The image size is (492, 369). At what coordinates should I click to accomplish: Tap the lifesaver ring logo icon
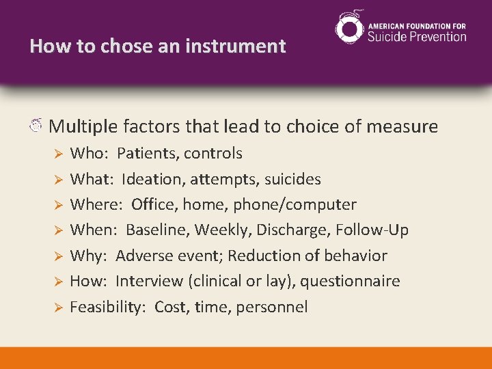point(350,28)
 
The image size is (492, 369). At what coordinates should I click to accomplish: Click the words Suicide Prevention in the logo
point(417,36)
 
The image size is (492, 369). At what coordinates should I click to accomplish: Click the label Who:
point(88,153)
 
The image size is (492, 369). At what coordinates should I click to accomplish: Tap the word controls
point(213,153)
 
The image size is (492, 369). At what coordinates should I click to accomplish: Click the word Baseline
point(157,230)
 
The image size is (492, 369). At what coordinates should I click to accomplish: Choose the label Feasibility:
point(107,307)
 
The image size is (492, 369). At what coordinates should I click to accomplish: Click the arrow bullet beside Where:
point(58,205)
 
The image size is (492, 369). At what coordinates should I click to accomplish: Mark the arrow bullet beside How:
point(58,282)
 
